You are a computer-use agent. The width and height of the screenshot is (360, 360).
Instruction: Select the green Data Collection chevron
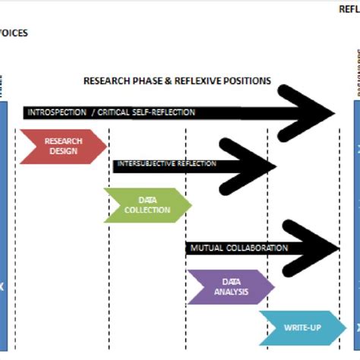click(x=147, y=205)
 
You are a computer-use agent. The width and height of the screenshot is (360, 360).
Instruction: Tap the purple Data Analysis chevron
click(x=230, y=286)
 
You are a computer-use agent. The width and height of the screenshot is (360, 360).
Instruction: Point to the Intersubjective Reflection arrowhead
click(x=254, y=164)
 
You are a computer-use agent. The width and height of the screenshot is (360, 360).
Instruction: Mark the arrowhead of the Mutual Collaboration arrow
click(x=315, y=248)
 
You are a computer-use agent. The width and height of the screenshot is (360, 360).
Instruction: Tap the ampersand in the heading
click(x=156, y=81)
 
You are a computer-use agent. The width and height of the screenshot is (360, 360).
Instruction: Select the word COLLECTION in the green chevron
click(x=147, y=210)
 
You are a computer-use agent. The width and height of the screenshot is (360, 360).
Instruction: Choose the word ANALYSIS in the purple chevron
click(x=231, y=292)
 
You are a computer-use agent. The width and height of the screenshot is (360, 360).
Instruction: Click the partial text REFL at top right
click(x=349, y=9)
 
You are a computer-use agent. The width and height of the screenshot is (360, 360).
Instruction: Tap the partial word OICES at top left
click(x=14, y=33)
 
